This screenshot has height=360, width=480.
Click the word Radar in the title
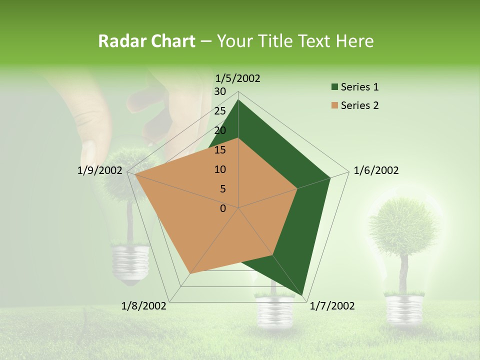click(x=118, y=41)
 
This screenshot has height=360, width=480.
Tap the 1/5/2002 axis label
click(x=238, y=78)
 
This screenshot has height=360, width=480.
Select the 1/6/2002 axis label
click(x=376, y=170)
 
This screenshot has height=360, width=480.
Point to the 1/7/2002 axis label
click(x=332, y=306)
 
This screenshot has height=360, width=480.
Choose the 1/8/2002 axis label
click(x=144, y=306)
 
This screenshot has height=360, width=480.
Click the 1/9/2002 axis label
click(x=100, y=170)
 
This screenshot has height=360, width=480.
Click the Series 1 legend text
click(x=359, y=87)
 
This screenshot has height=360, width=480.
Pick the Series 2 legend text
click(x=359, y=105)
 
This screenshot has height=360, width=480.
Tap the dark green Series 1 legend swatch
click(x=335, y=87)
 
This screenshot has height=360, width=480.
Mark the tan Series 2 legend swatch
click(x=335, y=105)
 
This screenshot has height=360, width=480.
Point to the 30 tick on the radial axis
click(x=220, y=91)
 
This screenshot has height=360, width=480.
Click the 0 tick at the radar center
click(x=223, y=208)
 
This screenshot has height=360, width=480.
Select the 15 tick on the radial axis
click(x=220, y=150)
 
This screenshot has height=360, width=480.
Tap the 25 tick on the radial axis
click(x=220, y=111)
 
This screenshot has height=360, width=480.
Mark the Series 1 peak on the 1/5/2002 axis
click(x=238, y=100)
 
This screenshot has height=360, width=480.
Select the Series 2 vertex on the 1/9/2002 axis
click(x=135, y=174)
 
